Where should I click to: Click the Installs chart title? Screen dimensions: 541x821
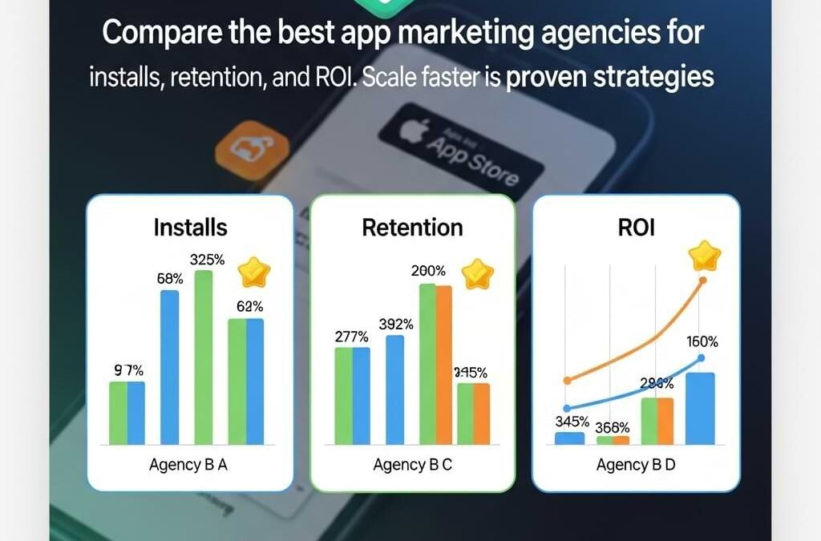coord(190,227)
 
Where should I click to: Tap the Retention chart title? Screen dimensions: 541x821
coord(412,227)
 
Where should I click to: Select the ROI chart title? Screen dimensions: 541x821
coord(636,227)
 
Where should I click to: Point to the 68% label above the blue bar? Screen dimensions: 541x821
coord(169,279)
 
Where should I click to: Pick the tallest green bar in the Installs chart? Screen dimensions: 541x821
coord(204,357)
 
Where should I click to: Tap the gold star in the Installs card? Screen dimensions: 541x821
coord(254,273)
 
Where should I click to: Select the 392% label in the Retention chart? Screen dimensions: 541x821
coord(396,325)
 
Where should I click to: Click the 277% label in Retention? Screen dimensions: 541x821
coord(351,337)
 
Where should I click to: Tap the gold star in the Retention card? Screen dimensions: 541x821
coord(477,273)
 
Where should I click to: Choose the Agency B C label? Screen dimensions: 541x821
coord(413,465)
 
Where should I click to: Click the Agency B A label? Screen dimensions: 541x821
coord(189,465)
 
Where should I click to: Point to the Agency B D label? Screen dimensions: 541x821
coord(636,465)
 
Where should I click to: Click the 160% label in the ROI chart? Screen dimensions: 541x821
coord(702,341)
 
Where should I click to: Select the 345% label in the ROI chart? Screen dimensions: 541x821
coord(572,421)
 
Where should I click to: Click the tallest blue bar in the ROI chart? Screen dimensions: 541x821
coord(700,408)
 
